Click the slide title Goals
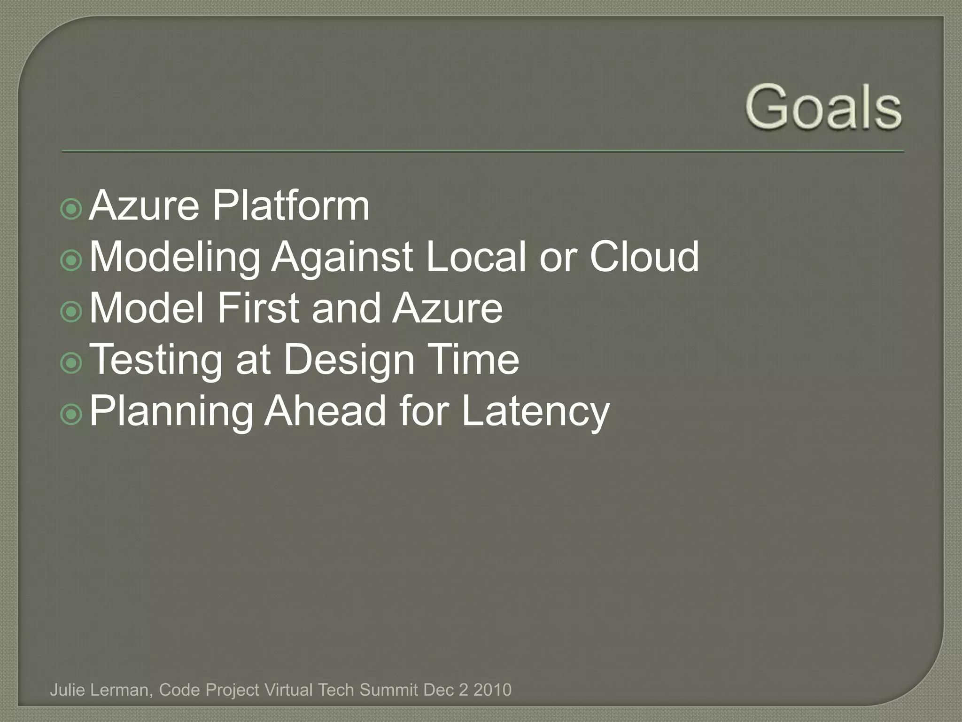(823, 107)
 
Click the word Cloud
(644, 257)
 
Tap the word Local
(476, 257)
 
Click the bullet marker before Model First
(71, 312)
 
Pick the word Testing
(155, 360)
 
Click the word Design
(349, 360)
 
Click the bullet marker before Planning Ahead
(71, 414)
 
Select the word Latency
(535, 412)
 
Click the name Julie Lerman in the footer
(100, 690)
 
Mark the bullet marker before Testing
(71, 363)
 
